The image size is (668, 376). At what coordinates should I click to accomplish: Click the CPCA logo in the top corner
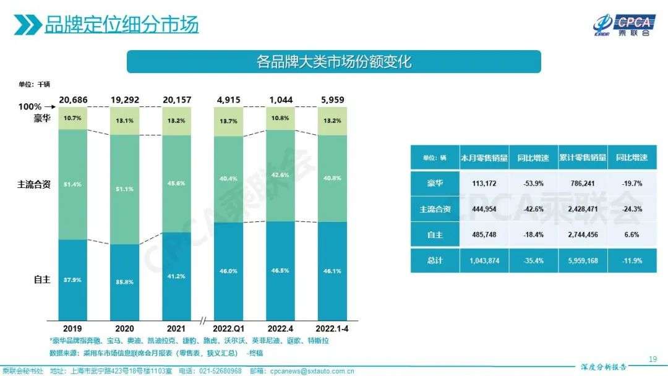pyautogui.click(x=622, y=24)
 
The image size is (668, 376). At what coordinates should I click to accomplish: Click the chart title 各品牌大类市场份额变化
pyautogui.click(x=333, y=62)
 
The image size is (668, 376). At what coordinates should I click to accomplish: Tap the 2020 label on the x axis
pyautogui.click(x=125, y=328)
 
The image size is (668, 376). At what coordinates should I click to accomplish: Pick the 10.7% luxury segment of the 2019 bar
pyautogui.click(x=74, y=117)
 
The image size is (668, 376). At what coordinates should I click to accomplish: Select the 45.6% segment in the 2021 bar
pyautogui.click(x=177, y=184)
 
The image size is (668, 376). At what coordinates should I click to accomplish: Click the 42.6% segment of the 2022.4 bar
pyautogui.click(x=281, y=175)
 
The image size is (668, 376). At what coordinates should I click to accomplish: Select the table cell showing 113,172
pyautogui.click(x=484, y=183)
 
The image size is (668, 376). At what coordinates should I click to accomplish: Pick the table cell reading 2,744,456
pyautogui.click(x=581, y=235)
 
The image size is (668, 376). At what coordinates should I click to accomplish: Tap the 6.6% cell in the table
pyautogui.click(x=632, y=235)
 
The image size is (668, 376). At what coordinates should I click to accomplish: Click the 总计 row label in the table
pyautogui.click(x=435, y=261)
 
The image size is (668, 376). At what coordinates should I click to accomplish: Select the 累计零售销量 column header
pyautogui.click(x=582, y=158)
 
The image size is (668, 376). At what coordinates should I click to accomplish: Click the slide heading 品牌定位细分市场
pyautogui.click(x=121, y=25)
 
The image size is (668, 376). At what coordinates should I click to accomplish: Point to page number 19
pyautogui.click(x=653, y=359)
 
